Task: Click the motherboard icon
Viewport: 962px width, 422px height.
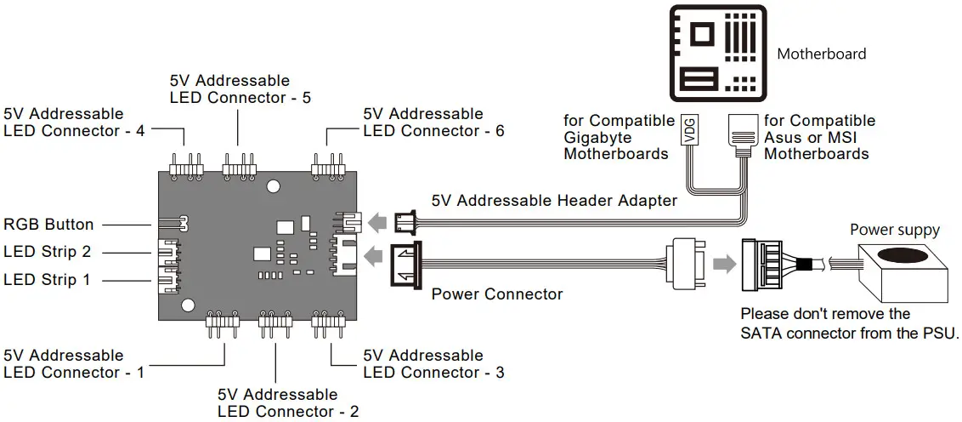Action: tap(717, 52)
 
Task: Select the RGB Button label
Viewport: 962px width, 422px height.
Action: tap(48, 225)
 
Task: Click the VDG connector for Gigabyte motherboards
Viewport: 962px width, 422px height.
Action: tap(690, 134)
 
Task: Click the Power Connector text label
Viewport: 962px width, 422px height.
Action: tap(497, 294)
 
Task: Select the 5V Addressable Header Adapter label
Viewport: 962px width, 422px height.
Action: tap(554, 201)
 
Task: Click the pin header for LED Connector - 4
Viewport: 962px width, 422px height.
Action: tap(186, 165)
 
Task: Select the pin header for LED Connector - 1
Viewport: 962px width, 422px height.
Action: tap(221, 321)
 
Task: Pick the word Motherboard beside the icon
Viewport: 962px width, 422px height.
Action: tap(822, 54)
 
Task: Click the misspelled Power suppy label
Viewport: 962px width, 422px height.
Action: tap(895, 230)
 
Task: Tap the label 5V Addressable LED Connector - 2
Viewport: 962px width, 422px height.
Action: tap(277, 403)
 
